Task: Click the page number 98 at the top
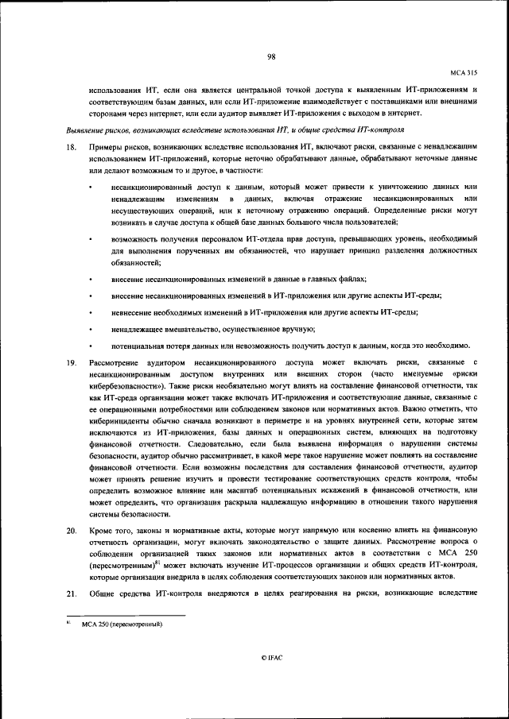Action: (271, 56)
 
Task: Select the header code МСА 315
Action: (464, 72)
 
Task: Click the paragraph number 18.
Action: (71, 148)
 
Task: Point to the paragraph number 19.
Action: (71, 362)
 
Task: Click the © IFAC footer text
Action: (271, 679)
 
